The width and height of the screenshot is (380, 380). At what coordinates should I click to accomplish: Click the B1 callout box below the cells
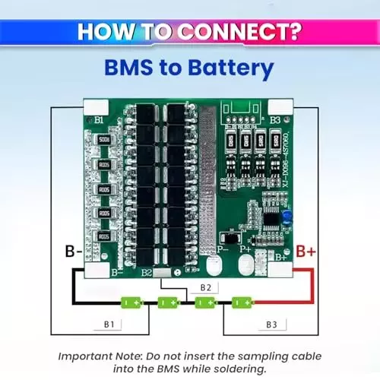tap(109, 325)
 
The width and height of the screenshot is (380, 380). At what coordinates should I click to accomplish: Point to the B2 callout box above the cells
tap(205, 286)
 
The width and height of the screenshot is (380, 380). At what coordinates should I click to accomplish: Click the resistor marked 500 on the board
tap(104, 140)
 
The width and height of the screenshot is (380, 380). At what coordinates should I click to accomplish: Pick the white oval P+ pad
tap(245, 263)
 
